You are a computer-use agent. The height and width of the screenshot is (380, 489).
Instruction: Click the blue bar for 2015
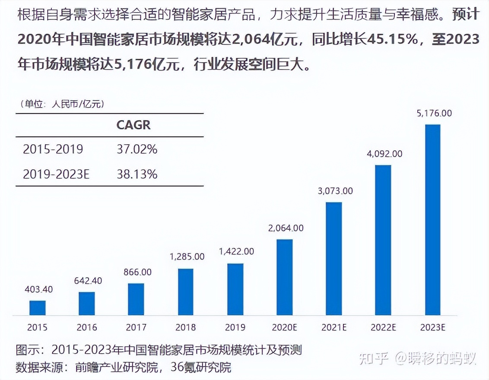pyautogui.click(x=38, y=307)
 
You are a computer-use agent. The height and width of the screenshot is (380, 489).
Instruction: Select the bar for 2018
pyautogui.click(x=186, y=291)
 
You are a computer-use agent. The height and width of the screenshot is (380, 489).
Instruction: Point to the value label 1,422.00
pyautogui.click(x=236, y=251)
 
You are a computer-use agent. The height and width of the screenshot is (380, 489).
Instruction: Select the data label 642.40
pyautogui.click(x=87, y=281)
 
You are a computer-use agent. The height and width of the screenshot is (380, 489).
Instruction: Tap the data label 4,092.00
pyautogui.click(x=384, y=153)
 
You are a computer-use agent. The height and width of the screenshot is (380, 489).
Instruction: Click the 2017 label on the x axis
pyautogui.click(x=136, y=327)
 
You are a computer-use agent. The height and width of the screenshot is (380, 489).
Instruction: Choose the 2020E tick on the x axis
pyautogui.click(x=285, y=327)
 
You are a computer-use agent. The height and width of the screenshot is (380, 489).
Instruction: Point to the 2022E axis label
pyautogui.click(x=383, y=327)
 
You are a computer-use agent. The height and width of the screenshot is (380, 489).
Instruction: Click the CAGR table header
pyautogui.click(x=133, y=125)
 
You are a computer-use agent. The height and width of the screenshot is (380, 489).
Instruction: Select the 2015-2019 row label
pyautogui.click(x=53, y=149)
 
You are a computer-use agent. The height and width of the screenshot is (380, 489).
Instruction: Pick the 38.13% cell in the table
pyautogui.click(x=137, y=174)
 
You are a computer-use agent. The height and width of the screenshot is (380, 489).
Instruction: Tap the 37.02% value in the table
pyautogui.click(x=137, y=149)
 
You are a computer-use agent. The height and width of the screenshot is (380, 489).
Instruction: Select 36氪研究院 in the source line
pyautogui.click(x=201, y=367)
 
